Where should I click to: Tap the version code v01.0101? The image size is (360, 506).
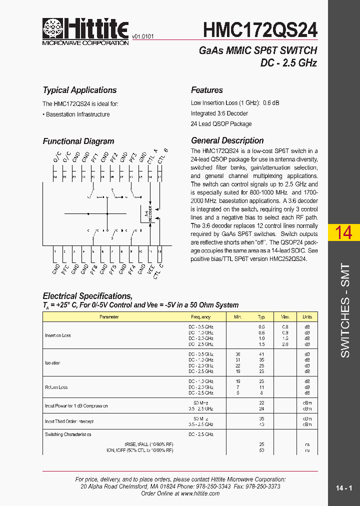[143, 36]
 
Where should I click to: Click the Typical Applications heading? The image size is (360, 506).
[79, 90]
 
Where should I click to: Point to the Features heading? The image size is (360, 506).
[207, 90]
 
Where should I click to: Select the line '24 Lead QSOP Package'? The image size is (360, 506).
[221, 123]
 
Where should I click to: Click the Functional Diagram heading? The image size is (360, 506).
[78, 141]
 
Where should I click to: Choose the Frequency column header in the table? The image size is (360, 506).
[200, 317]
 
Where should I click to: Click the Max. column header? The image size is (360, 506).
[285, 317]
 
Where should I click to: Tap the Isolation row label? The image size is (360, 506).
[52, 363]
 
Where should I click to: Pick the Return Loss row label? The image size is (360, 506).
[56, 387]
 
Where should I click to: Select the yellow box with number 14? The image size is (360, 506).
[343, 233]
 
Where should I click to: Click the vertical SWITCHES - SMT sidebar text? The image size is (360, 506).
[345, 310]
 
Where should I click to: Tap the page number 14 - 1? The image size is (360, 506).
[344, 488]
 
